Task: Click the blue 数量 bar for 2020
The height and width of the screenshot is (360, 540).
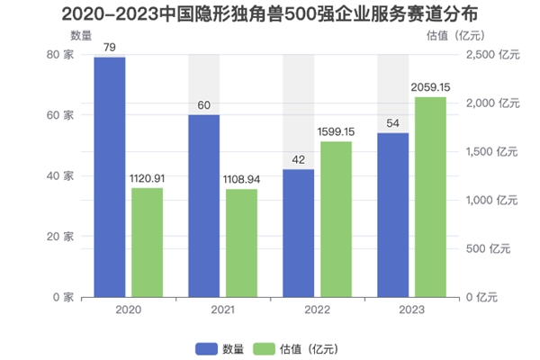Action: click(110, 176)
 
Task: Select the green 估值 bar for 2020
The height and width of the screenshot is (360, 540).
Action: click(148, 242)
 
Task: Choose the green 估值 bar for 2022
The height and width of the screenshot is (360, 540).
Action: click(337, 219)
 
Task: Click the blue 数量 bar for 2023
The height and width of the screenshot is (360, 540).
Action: click(392, 214)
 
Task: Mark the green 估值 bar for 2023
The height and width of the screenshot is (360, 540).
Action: click(430, 197)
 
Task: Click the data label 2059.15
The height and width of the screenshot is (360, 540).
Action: click(430, 87)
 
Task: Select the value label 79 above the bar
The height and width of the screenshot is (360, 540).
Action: click(110, 48)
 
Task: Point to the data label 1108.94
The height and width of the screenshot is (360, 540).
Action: click(242, 179)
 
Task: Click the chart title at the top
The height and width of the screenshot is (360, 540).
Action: click(269, 14)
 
